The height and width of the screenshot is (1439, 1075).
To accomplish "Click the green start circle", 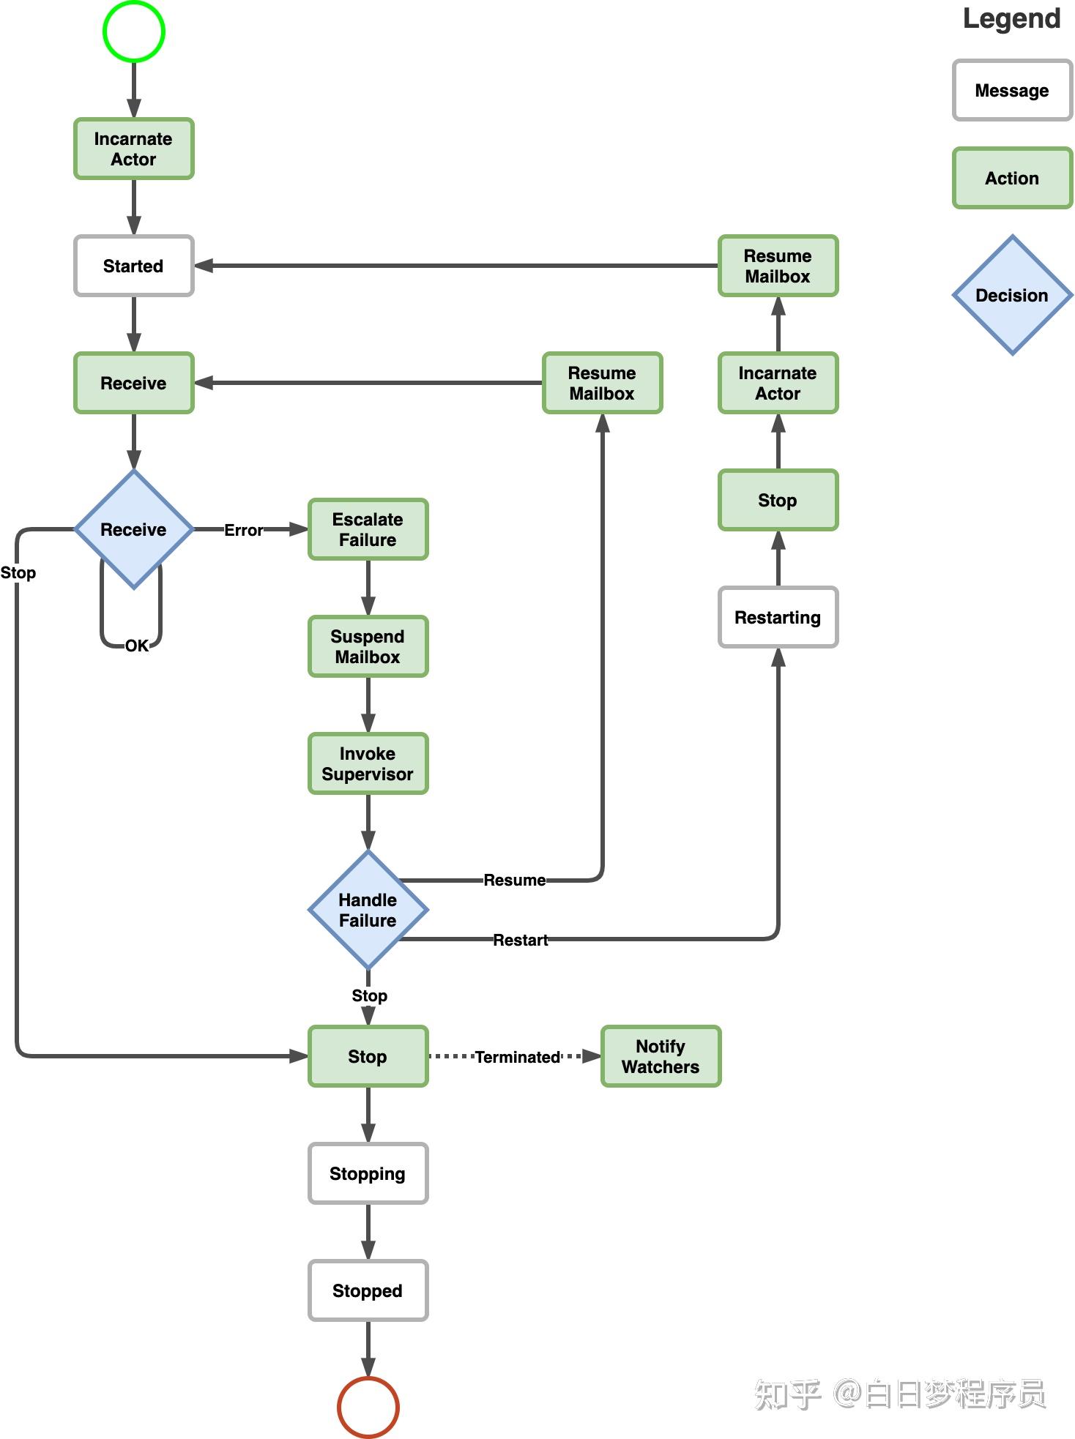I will pos(134,31).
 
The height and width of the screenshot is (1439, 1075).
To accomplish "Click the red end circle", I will pos(368,1407).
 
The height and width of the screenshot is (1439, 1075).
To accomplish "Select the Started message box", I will pos(134,266).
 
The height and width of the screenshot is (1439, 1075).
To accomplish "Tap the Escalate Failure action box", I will pos(368,529).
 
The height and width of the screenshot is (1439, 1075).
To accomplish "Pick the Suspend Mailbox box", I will pos(368,646).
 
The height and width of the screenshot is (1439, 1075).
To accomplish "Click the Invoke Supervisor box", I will pos(368,763).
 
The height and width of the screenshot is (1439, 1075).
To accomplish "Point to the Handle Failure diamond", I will pos(368,910).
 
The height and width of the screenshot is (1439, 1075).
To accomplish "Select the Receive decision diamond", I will pos(134,529).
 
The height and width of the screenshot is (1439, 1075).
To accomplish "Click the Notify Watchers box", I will pos(661,1056).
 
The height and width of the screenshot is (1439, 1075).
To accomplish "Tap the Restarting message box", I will pos(778,617).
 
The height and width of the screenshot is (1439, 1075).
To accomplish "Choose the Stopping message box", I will pos(368,1173).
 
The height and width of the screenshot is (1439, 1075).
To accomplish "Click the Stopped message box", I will pos(368,1290).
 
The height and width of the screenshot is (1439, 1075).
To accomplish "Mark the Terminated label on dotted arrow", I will pos(518,1057).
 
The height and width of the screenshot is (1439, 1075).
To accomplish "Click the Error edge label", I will pos(243,530).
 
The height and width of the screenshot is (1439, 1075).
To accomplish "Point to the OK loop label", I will pos(137,646).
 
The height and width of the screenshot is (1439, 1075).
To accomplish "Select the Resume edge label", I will pos(515,880).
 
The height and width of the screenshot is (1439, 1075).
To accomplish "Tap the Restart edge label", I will pos(521,940).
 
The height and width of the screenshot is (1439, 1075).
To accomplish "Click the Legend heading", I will pos(1011,18).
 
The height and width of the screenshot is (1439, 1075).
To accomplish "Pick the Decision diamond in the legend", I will pos(1012,295).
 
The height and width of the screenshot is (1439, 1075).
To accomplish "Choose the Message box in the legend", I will pos(1012,90).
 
